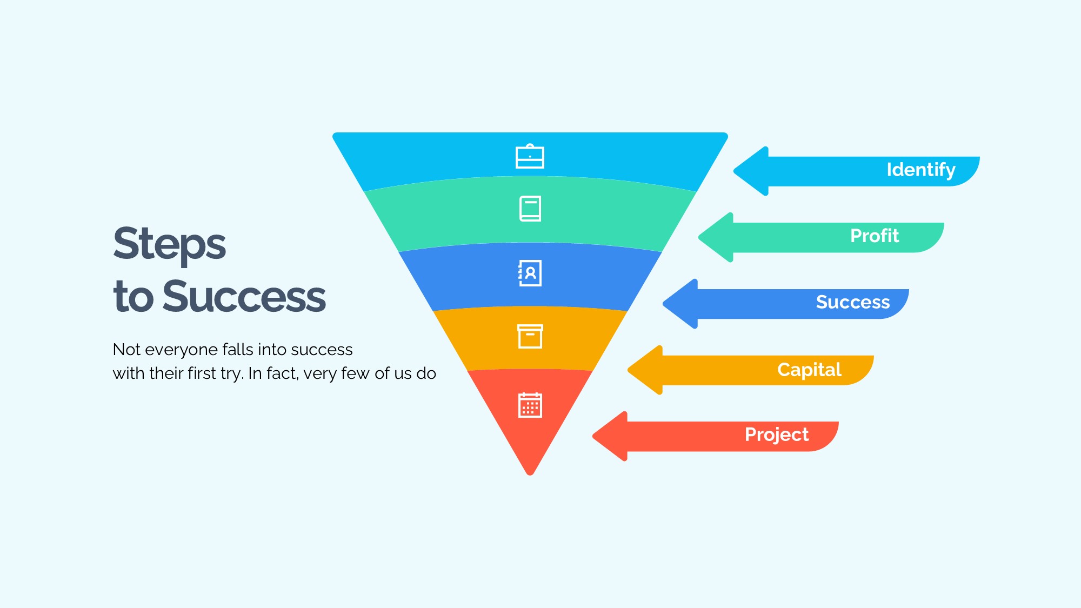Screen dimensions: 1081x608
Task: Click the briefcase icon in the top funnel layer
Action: click(530, 156)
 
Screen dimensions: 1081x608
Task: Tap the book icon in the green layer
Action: click(530, 209)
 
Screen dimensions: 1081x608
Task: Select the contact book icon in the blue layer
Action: click(530, 273)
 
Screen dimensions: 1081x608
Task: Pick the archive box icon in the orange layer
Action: click(530, 336)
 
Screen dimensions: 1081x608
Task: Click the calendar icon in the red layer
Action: click(530, 405)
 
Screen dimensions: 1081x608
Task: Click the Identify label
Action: click(921, 170)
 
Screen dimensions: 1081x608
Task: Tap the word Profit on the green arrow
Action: click(875, 236)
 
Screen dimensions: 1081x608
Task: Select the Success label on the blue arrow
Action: click(853, 302)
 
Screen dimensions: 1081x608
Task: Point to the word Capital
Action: click(810, 370)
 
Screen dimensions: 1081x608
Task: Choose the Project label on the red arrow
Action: click(777, 435)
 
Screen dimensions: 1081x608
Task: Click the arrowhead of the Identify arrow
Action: click(751, 171)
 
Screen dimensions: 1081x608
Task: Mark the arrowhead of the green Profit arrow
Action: click(716, 237)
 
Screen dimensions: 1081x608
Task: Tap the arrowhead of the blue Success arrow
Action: click(680, 304)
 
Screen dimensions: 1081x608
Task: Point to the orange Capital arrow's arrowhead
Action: click(645, 370)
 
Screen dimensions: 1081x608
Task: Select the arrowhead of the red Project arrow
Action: click(610, 436)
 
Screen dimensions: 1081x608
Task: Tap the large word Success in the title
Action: click(244, 296)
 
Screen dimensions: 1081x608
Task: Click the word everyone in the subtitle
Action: click(181, 350)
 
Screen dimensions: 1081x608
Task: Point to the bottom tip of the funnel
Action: click(530, 475)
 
